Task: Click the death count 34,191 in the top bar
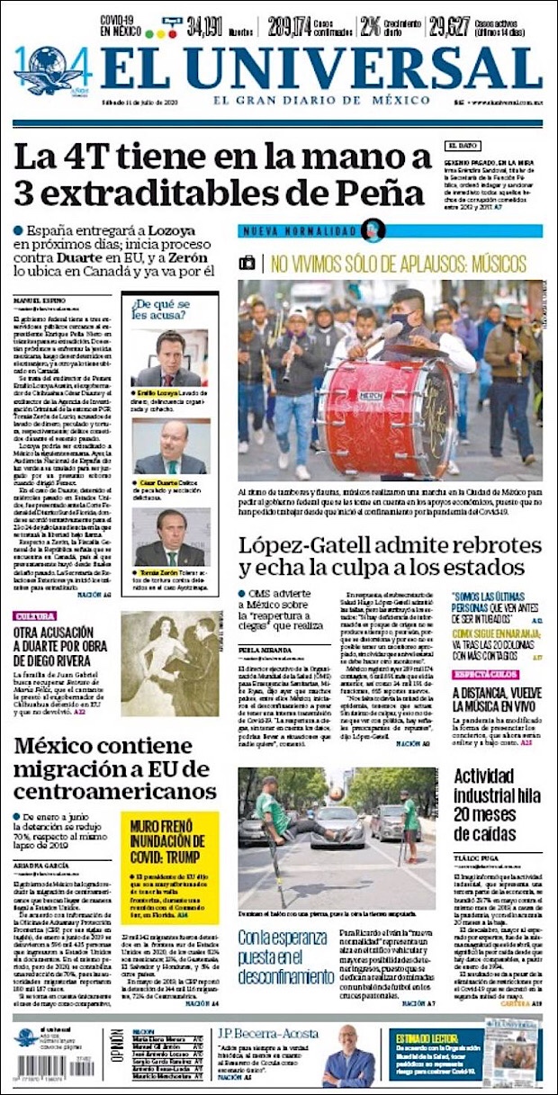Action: pyautogui.click(x=204, y=27)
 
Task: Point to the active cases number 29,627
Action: pyautogui.click(x=450, y=27)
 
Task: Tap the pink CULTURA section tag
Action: pyautogui.click(x=34, y=616)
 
